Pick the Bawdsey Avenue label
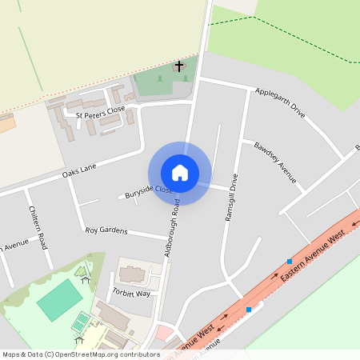pos(275,162)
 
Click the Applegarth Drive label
pos(281,102)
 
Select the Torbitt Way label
pos(131,293)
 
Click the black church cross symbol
pos(179,66)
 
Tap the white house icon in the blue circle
pos(179,173)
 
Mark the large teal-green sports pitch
pos(59,300)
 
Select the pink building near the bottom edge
pos(164,332)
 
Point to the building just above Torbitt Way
pos(133,274)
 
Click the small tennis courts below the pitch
pos(81,322)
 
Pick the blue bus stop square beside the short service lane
pos(249,309)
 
